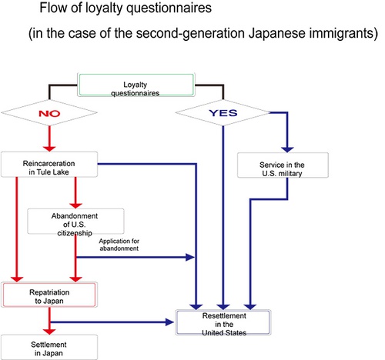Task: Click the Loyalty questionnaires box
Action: click(136, 85)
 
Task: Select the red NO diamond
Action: click(49, 113)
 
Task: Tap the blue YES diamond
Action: click(223, 113)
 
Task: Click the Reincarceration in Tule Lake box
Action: click(49, 165)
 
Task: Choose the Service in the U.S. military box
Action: click(283, 165)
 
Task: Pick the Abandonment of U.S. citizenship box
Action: click(75, 222)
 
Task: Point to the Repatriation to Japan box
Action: click(49, 295)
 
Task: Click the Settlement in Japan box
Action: click(49, 347)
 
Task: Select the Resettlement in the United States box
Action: click(223, 322)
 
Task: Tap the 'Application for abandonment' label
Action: click(119, 245)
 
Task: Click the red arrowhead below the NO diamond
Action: click(49, 148)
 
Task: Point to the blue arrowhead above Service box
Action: click(287, 149)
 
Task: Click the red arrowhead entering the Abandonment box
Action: click(75, 205)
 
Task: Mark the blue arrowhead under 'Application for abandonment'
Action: click(190, 257)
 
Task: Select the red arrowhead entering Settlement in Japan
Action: click(49, 332)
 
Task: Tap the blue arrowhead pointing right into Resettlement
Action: click(170, 322)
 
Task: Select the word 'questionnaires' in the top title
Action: click(169, 8)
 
